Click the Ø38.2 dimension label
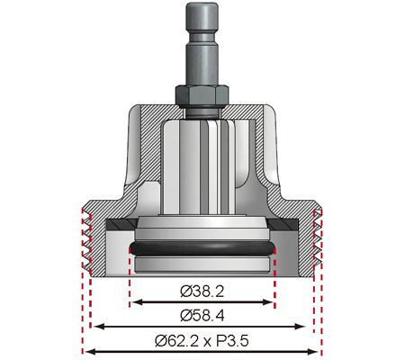[x=202, y=292]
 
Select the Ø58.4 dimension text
[x=202, y=314]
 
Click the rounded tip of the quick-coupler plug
[x=202, y=8]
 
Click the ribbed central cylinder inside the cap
[x=202, y=162]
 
